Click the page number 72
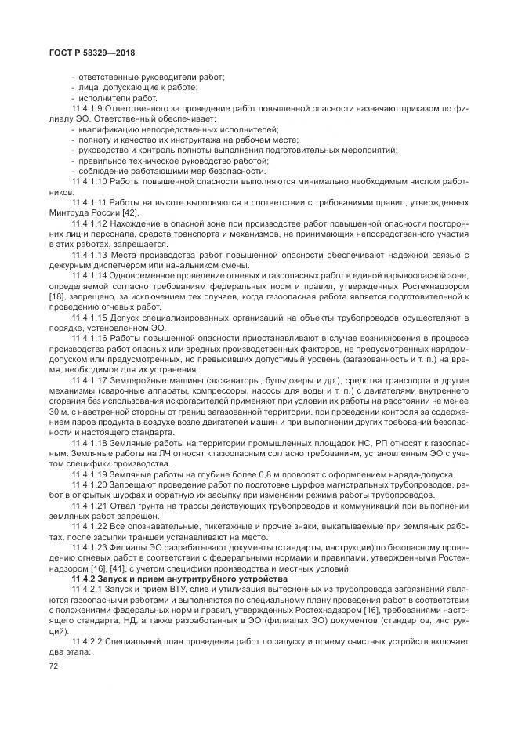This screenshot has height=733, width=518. [x=54, y=665]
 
